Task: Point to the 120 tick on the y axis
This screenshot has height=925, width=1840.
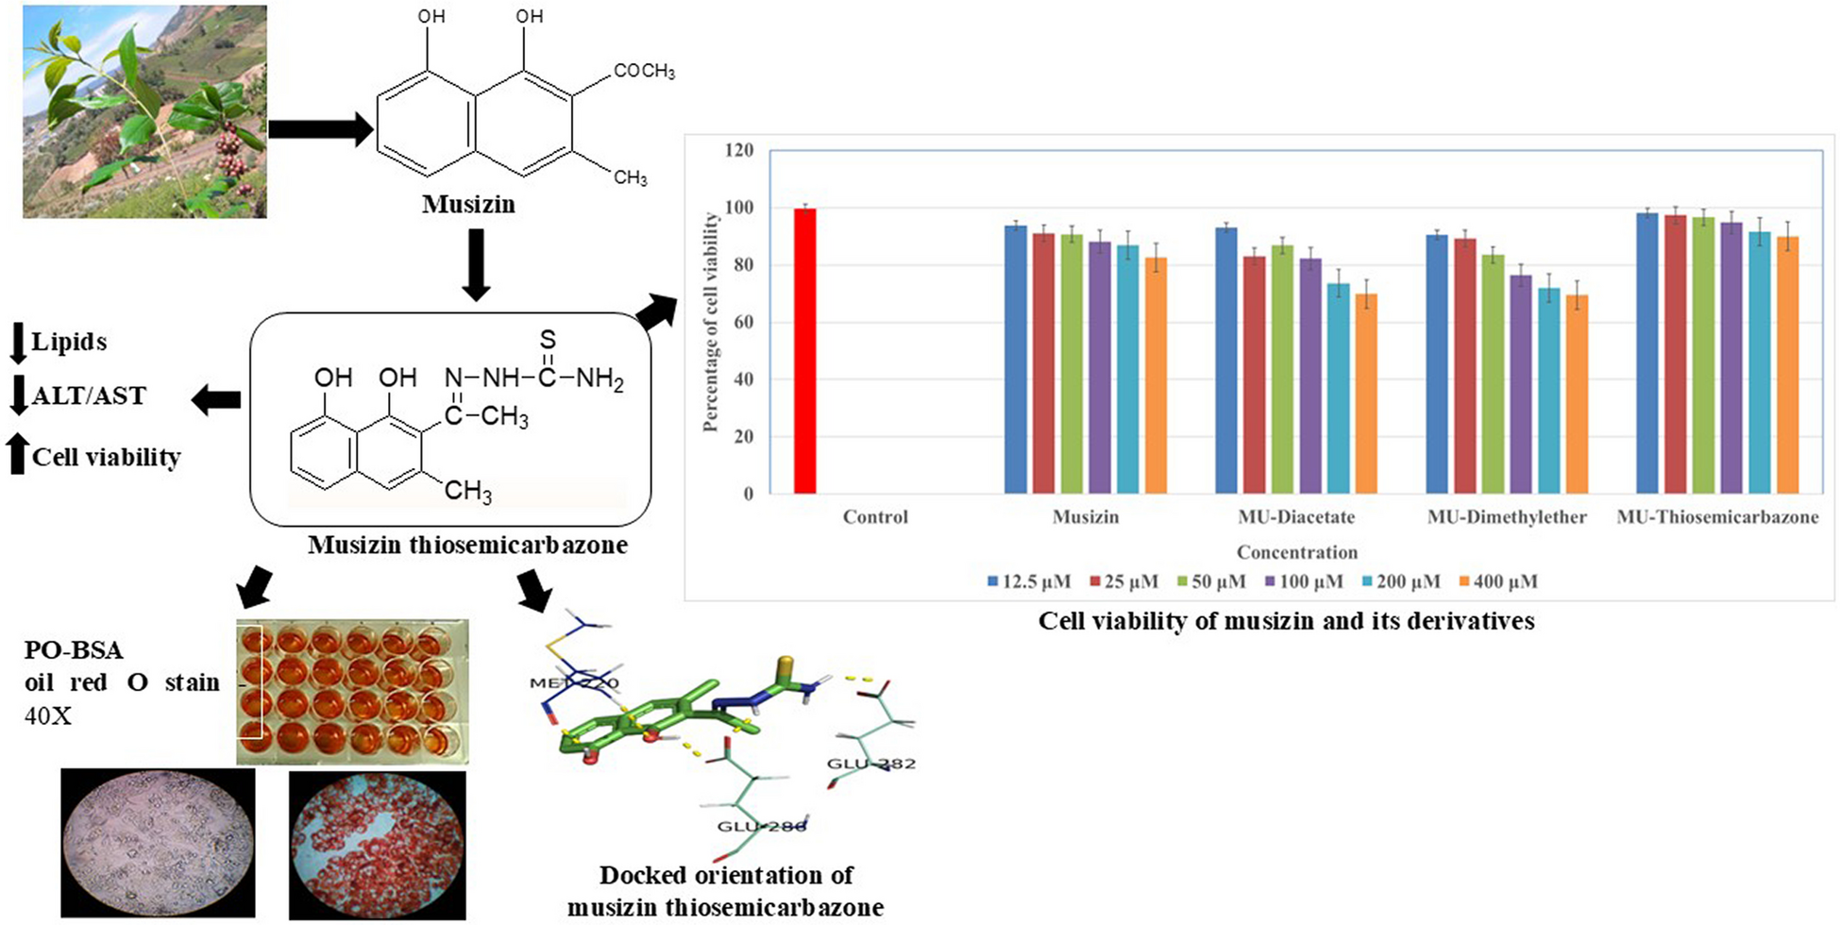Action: pyautogui.click(x=739, y=150)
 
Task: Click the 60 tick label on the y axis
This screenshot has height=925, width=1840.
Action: pyautogui.click(x=743, y=323)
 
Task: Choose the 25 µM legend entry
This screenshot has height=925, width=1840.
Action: pyautogui.click(x=1123, y=581)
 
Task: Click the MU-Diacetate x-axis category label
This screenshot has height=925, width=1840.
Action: pyautogui.click(x=1296, y=517)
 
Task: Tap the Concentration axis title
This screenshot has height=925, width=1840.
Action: pyautogui.click(x=1297, y=552)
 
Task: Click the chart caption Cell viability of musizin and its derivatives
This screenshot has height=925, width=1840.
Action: pyautogui.click(x=1286, y=621)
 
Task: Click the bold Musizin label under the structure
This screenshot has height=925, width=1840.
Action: pyautogui.click(x=468, y=204)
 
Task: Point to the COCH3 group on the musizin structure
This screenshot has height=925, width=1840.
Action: pyautogui.click(x=644, y=72)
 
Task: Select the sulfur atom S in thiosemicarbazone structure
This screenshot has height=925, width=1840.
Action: pyautogui.click(x=548, y=340)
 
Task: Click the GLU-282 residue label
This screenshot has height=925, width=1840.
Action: pyautogui.click(x=870, y=763)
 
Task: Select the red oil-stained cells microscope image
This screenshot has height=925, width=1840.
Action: pyautogui.click(x=377, y=845)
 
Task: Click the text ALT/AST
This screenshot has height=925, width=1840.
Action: pyautogui.click(x=89, y=395)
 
